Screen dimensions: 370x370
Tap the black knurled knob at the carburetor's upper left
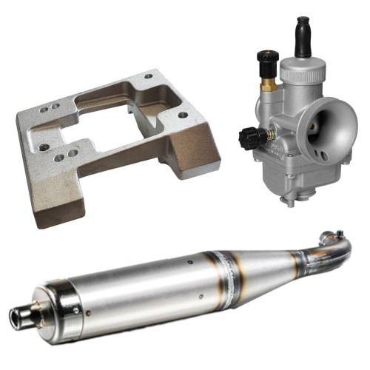[x=263, y=58]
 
